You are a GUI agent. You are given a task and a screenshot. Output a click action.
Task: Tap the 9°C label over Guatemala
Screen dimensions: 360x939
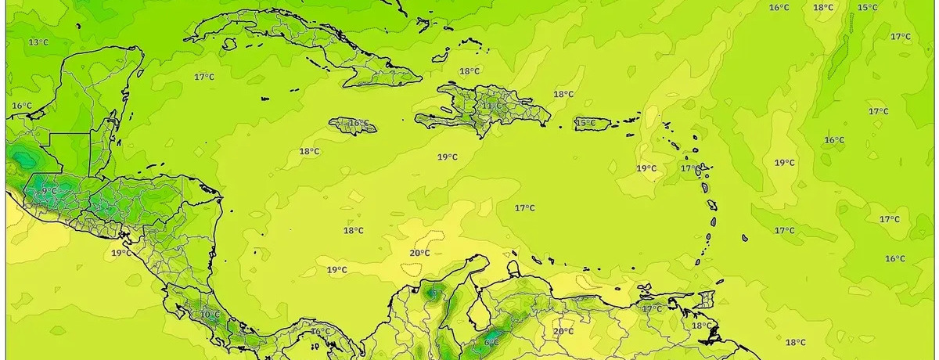coord(49,191)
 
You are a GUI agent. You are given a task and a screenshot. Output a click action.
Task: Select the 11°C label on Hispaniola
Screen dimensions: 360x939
coord(492,106)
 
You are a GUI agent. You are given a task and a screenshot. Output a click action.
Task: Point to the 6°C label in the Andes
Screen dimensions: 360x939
coord(491,342)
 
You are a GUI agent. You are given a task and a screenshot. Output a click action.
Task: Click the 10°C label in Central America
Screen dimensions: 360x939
coord(210,315)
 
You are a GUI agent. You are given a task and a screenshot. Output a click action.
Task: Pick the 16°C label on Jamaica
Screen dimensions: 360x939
coord(358,124)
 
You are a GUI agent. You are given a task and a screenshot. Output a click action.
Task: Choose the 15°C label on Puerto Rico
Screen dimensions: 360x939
coord(586,123)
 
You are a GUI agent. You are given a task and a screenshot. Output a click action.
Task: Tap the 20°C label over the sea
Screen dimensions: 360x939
coord(420,253)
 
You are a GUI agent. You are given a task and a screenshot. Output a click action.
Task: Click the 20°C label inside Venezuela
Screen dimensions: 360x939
coord(563,331)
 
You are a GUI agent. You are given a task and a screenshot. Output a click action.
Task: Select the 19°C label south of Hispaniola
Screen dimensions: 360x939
coord(448,157)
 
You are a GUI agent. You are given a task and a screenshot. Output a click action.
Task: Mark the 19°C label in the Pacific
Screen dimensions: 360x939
coord(121,253)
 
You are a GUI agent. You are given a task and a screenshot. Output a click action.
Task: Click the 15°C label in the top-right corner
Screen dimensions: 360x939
coord(867,8)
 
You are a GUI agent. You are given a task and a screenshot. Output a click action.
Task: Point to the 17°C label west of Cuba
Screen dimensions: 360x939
coord(204,77)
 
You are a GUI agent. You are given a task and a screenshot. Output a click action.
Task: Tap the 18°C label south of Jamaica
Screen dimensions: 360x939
coord(309,151)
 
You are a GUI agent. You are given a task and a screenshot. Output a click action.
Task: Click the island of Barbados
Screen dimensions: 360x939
coord(744,237)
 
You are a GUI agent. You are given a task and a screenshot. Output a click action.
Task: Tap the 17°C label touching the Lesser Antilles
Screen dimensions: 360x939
coord(690,168)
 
